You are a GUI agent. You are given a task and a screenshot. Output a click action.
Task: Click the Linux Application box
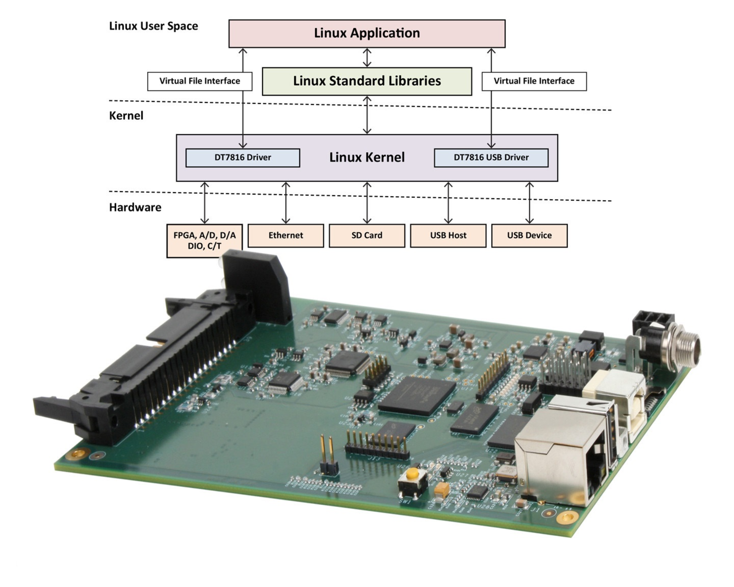(367, 34)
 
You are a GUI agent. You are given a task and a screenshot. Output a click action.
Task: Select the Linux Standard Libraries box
(367, 81)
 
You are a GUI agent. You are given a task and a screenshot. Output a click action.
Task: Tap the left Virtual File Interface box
(200, 81)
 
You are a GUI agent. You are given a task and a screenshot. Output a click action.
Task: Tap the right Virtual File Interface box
(534, 81)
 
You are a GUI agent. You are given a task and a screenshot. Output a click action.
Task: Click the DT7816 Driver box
(242, 158)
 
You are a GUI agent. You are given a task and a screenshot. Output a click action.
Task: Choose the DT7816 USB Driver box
(491, 158)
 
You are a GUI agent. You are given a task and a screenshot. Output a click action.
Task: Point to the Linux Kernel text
(367, 157)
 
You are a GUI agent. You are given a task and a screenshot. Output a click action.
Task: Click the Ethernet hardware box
(286, 235)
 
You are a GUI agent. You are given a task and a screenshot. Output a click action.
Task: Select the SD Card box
(367, 235)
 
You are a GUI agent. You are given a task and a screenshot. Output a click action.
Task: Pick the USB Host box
(448, 235)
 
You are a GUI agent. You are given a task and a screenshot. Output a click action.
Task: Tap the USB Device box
(529, 235)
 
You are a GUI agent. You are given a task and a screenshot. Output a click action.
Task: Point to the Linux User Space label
(153, 26)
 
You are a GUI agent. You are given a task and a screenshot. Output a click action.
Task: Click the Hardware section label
(135, 208)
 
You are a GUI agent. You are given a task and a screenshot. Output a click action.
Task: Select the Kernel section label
(126, 116)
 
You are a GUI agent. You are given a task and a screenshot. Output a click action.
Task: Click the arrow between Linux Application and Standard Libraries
(367, 58)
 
